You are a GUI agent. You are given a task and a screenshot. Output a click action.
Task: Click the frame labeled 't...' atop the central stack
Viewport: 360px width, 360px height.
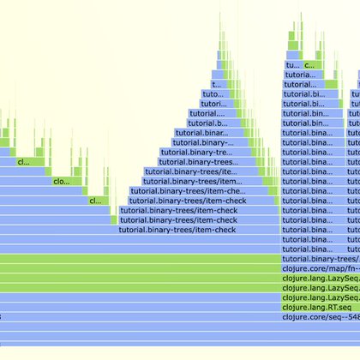[216, 84]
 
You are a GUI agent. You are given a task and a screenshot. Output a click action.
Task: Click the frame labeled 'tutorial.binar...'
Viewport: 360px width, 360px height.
[203, 133]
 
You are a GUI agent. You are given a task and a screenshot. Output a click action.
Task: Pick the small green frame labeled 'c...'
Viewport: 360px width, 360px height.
[309, 64]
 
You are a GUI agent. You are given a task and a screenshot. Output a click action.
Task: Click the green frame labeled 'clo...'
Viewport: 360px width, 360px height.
[63, 181]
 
